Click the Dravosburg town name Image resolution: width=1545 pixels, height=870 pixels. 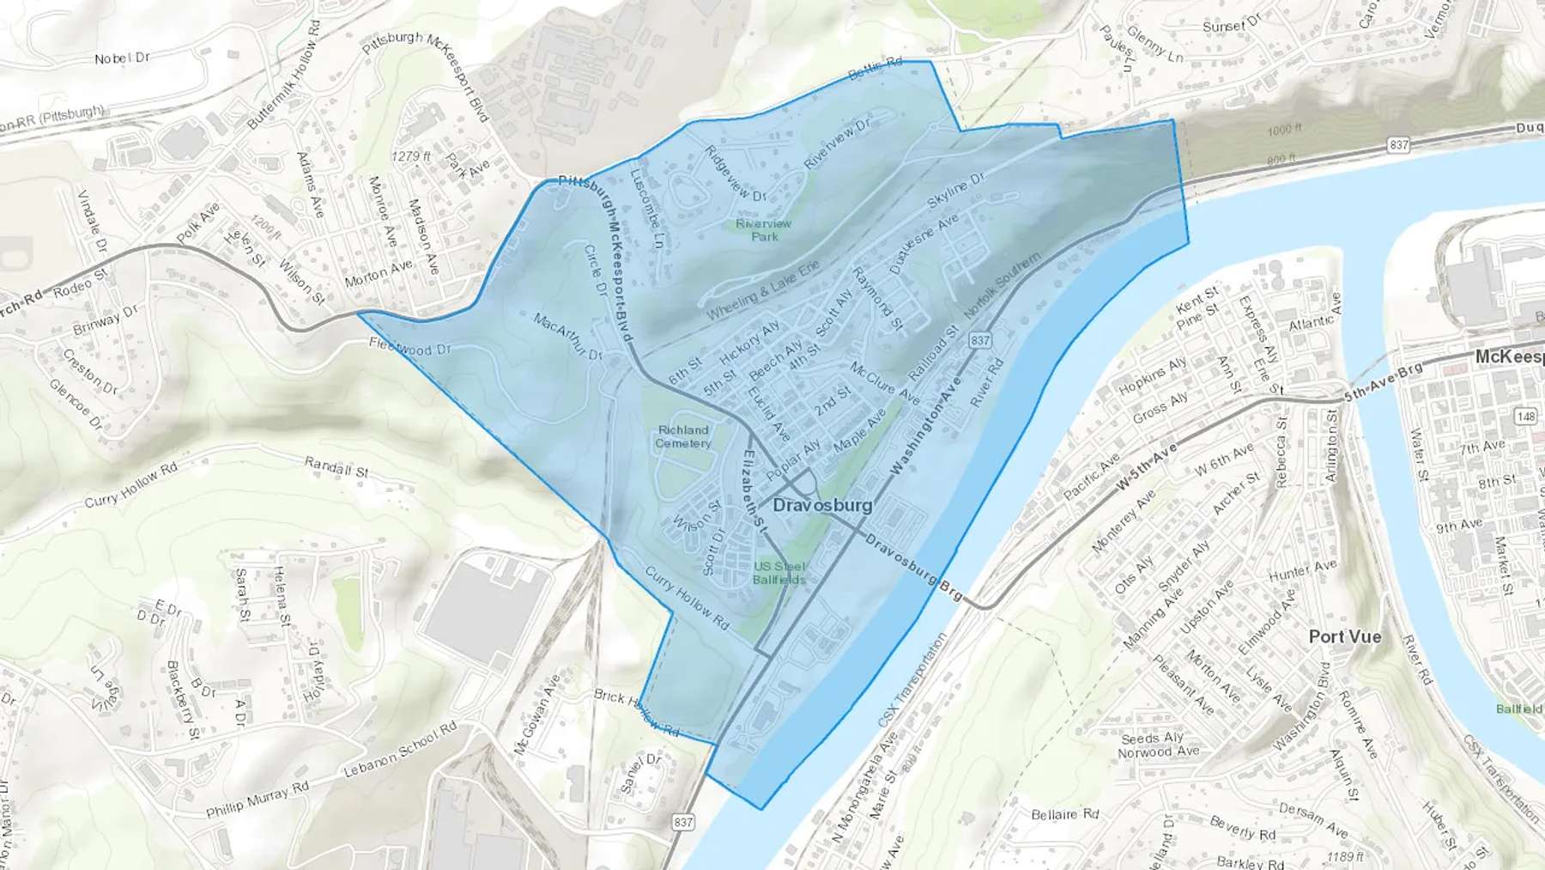point(822,505)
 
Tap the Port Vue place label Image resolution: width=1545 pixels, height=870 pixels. point(1345,636)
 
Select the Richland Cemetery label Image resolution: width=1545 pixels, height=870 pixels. point(683,436)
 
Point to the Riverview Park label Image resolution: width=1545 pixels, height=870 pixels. point(764,229)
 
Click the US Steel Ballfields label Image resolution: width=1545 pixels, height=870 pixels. point(779,572)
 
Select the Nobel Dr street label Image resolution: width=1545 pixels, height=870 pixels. point(122,58)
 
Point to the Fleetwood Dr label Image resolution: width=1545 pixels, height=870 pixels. point(410,350)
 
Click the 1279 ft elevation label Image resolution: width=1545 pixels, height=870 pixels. point(410,156)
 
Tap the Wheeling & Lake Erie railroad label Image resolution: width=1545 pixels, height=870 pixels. point(762,290)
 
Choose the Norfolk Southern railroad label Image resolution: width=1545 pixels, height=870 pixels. point(1002,285)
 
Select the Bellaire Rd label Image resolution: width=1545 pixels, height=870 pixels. point(1064,813)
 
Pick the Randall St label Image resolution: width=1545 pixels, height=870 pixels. point(336,467)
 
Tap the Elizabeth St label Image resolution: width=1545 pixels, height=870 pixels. point(753,488)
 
